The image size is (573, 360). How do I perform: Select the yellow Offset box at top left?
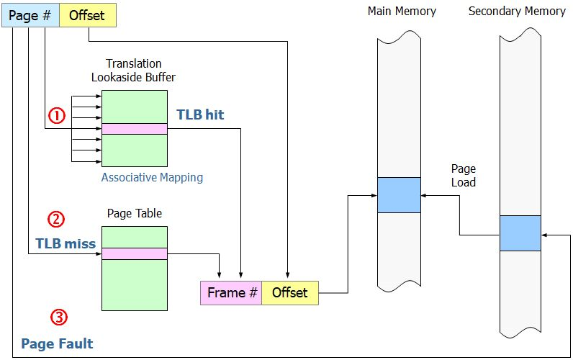coord(87,16)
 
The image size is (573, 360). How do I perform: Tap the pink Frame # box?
coord(231,292)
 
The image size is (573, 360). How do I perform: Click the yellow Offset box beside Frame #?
coord(289,292)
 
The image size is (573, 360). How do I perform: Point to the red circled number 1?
coord(57,114)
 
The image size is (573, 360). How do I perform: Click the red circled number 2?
coord(56,219)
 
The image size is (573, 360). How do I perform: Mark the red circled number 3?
coord(59,317)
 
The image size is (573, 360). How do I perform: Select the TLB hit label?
coord(200,114)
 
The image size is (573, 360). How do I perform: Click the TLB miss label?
coord(66,243)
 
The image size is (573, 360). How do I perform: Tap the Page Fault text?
coord(57,343)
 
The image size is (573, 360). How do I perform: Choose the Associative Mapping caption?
coord(152,177)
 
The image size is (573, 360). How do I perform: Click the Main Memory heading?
coord(402,12)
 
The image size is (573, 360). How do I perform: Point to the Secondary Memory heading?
coord(517,12)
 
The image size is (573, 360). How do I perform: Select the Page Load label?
coord(464,176)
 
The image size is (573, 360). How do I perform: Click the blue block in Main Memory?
coord(399,194)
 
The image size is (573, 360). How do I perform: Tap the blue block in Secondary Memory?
coord(520,233)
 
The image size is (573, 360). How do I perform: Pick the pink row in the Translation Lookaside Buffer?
coord(135,129)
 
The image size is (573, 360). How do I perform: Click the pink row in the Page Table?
coord(135,253)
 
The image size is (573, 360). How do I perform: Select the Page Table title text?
coord(135,213)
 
